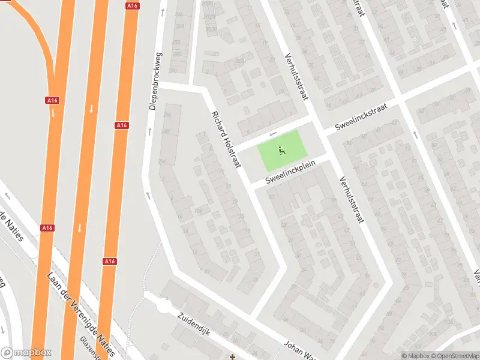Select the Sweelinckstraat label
point(362,116)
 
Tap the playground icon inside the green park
point(281,150)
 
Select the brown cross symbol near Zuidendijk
point(232,357)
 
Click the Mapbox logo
point(26,353)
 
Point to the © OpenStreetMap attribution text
point(457,356)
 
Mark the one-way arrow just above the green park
point(274,134)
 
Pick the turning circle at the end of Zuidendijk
point(163,307)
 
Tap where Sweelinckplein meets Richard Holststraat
point(247,182)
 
